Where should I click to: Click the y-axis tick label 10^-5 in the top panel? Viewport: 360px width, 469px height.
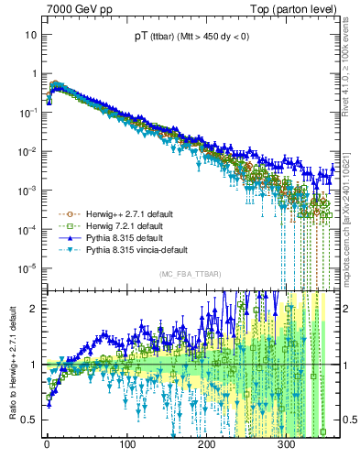27,267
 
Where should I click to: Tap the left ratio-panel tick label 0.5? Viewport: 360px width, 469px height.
29,420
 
